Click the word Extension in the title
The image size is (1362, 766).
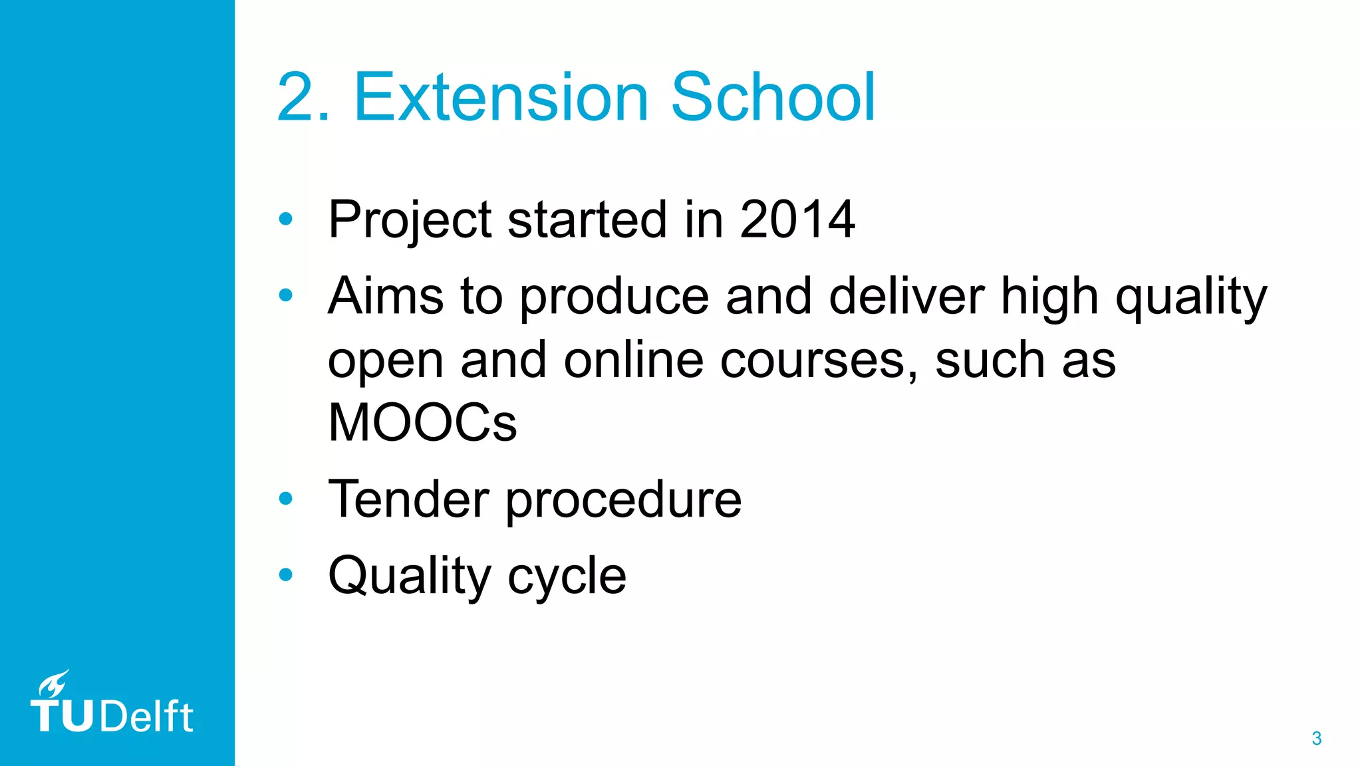pyautogui.click(x=500, y=98)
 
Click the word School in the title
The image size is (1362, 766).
pyautogui.click(x=773, y=98)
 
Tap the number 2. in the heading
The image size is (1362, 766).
pyautogui.click(x=303, y=98)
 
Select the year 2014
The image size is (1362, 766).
pyautogui.click(x=797, y=219)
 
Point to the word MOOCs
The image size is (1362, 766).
pyautogui.click(x=422, y=423)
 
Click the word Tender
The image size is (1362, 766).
pyautogui.click(x=408, y=499)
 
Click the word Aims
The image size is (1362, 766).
pyautogui.click(x=386, y=296)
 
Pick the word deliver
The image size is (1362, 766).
pyautogui.click(x=906, y=296)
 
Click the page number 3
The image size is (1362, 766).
pyautogui.click(x=1316, y=738)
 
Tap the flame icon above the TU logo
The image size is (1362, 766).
pyautogui.click(x=53, y=684)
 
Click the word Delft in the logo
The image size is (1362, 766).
pyautogui.click(x=147, y=717)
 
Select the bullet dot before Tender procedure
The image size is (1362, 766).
pyautogui.click(x=286, y=498)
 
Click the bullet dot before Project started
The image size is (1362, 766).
pyautogui.click(x=286, y=219)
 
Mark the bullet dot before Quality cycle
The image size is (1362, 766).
pyautogui.click(x=286, y=574)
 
